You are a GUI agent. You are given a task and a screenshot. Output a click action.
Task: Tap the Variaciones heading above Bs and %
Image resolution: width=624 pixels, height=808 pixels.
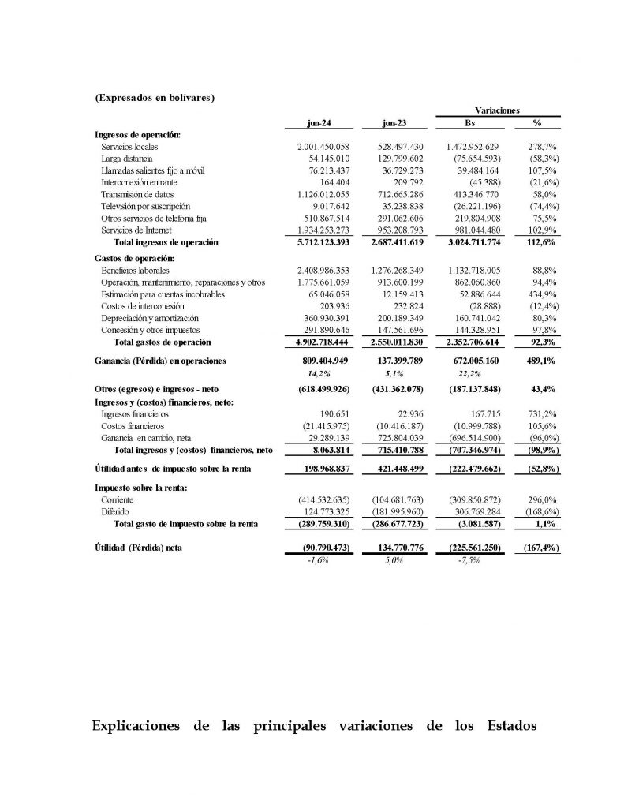point(496,110)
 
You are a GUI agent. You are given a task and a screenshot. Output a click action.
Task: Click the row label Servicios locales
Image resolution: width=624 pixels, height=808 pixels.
point(129,148)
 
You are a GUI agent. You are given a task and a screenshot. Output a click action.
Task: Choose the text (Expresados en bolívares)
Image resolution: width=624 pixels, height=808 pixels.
point(155,98)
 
